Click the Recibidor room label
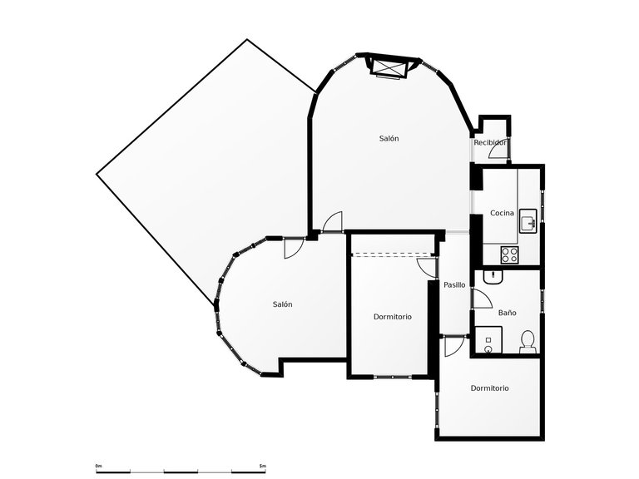[x=490, y=143]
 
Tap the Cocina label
[x=502, y=213]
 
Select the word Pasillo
[x=454, y=284]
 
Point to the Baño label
[x=507, y=313]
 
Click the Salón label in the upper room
[x=389, y=138]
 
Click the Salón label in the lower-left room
[x=282, y=304]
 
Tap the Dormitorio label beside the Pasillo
[x=393, y=316]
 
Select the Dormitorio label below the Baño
[x=489, y=388]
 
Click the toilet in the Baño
[x=527, y=341]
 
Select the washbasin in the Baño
[x=492, y=277]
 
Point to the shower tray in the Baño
[x=489, y=340]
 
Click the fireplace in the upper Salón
[x=389, y=67]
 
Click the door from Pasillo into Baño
[x=481, y=299]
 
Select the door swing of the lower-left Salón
[x=293, y=248]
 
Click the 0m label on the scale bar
[x=98, y=465]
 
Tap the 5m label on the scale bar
[x=262, y=465]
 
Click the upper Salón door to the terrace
[x=332, y=221]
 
